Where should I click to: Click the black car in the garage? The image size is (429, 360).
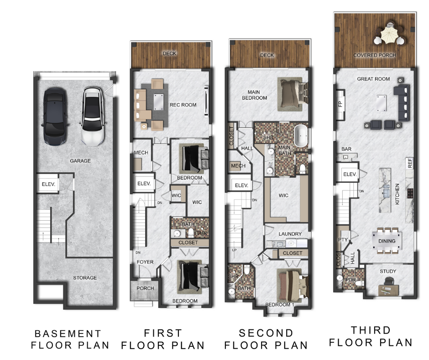[55, 116]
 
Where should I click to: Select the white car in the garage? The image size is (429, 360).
[93, 116]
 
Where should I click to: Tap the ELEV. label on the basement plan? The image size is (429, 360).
[48, 185]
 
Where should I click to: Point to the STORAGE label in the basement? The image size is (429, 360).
[85, 278]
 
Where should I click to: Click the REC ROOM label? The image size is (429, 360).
[183, 105]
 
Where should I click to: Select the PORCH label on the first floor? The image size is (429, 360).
[145, 288]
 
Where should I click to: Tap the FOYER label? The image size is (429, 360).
[145, 262]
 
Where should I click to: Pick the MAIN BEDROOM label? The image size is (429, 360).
[254, 95]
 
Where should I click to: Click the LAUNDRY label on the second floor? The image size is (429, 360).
[290, 234]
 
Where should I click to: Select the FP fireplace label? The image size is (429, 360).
[340, 104]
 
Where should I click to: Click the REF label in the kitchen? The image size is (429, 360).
[409, 163]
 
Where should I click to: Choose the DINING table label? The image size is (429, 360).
[387, 241]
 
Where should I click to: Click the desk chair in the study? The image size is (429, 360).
[389, 281]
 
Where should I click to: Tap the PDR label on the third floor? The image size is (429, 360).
[351, 280]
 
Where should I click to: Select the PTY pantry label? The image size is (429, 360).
[343, 240]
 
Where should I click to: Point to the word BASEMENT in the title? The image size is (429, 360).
[68, 334]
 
